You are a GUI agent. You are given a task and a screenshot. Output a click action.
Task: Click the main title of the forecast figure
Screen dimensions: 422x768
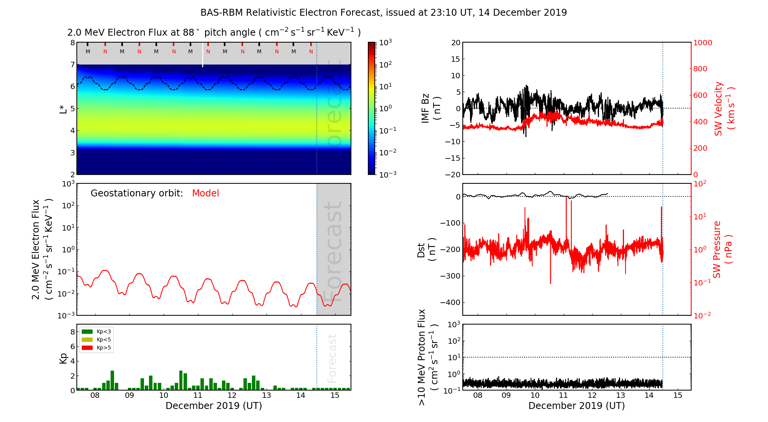pos(383,13)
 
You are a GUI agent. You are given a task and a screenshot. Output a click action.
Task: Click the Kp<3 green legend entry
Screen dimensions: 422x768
pos(96,331)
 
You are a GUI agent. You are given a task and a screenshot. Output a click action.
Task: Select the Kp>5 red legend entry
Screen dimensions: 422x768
pos(96,348)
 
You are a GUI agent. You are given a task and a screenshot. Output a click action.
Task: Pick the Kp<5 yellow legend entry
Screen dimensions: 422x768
pos(96,340)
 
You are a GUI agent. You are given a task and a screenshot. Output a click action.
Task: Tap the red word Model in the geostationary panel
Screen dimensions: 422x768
pos(205,193)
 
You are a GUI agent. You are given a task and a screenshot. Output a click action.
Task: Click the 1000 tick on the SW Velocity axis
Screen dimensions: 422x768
pos(702,43)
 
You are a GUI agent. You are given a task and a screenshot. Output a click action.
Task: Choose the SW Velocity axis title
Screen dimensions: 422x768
pos(724,109)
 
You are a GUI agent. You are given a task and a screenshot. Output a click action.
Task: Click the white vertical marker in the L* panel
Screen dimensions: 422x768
pos(203,54)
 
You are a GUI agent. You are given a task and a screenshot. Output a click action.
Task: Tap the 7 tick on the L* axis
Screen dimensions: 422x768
pos(72,64)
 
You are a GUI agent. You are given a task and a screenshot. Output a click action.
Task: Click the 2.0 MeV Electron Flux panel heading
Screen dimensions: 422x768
pos(214,33)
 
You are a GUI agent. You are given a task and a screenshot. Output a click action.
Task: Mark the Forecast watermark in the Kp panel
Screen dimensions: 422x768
pos(332,358)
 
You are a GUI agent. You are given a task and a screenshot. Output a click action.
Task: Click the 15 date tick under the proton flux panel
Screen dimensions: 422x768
pos(678,396)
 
